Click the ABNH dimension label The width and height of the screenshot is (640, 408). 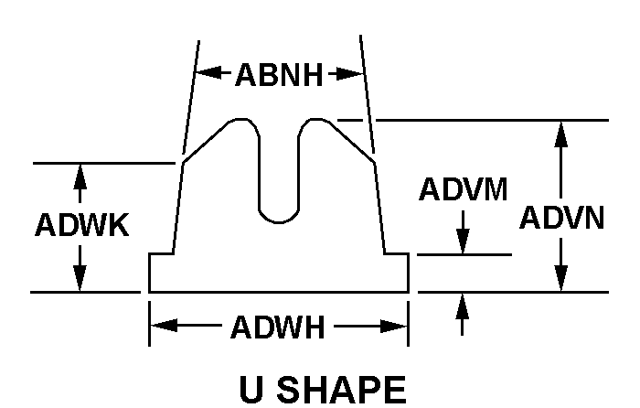[x=279, y=75]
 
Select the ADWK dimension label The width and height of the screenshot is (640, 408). [x=82, y=225]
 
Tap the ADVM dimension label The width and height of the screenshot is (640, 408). [x=463, y=189]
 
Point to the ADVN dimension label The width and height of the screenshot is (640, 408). [x=561, y=218]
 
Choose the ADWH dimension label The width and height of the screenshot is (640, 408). [x=278, y=327]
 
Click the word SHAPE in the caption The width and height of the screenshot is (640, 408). [x=341, y=389]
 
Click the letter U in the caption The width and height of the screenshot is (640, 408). [x=252, y=389]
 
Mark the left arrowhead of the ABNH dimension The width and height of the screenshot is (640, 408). [x=208, y=73]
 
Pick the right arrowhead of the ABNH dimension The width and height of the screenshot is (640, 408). [x=350, y=74]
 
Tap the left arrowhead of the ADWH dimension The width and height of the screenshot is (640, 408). [x=164, y=326]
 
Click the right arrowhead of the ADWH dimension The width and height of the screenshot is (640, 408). [x=394, y=327]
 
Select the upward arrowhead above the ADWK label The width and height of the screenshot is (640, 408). [x=80, y=177]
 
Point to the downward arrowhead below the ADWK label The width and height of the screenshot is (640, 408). [x=80, y=278]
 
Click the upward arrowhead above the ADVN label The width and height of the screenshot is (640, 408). [x=561, y=134]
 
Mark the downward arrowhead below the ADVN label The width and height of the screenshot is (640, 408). [x=561, y=278]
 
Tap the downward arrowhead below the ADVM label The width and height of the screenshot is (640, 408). [x=463, y=241]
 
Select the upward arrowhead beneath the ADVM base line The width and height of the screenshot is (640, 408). [x=462, y=306]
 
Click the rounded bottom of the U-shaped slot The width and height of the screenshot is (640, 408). [x=279, y=221]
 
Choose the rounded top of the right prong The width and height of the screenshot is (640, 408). [x=315, y=120]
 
